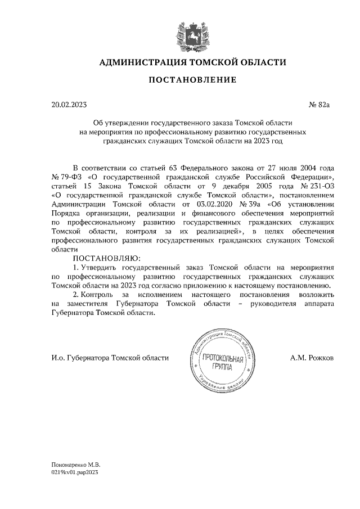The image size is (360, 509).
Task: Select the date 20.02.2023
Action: (x=69, y=105)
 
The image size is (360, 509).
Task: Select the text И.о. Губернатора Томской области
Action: (x=110, y=358)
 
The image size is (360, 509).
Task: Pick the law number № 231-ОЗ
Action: (x=321, y=186)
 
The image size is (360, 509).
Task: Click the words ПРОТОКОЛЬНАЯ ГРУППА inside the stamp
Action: (x=223, y=362)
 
